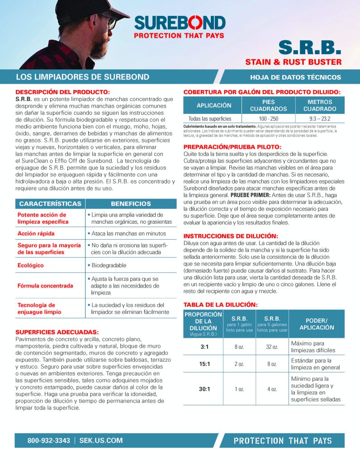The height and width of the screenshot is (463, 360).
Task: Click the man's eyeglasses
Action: coord(107,21)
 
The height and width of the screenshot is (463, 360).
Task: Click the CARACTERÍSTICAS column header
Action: coord(50,204)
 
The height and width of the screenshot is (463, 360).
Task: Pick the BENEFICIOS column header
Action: coord(131,204)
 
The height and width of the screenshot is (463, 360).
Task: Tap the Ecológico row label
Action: coord(34,265)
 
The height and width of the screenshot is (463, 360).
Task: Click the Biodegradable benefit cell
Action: coord(109,265)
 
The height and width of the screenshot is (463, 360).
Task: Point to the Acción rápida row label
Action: coord(36,233)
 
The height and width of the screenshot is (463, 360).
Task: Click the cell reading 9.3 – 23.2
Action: coord(319,118)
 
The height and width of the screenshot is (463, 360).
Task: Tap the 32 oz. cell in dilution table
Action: coord(272,347)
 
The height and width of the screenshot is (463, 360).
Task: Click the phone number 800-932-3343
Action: coord(49,440)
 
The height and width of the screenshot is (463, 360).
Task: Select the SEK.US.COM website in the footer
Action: coord(101,440)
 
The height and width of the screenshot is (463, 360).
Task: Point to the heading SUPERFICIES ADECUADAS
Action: coord(57,332)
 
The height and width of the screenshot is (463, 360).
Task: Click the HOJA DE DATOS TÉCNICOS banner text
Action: coord(295,77)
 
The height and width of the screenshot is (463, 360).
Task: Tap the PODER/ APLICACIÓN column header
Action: coord(317,324)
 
